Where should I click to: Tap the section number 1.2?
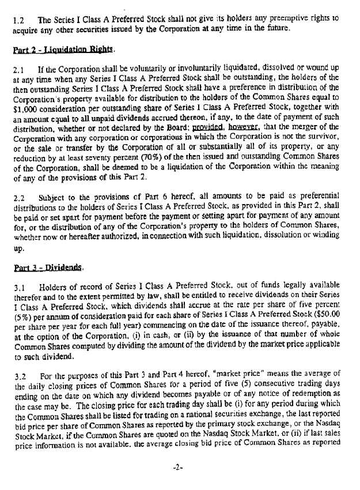coord(20,17)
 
